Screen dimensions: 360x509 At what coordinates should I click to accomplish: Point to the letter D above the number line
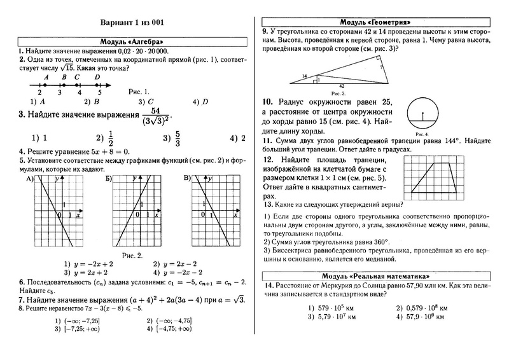coord(97,77)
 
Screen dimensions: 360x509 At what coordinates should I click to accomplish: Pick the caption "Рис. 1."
coord(139,91)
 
